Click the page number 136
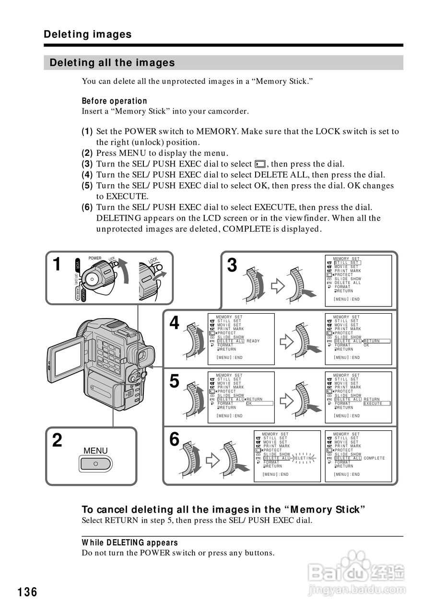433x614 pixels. pos(28,592)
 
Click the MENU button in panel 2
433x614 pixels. pos(95,463)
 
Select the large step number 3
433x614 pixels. pos(232,265)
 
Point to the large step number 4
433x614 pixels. pos(175,323)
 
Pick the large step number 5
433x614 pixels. pos(175,382)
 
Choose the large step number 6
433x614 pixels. pos(175,439)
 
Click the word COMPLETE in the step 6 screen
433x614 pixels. pos(374,458)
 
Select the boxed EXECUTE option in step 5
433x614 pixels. pos(376,403)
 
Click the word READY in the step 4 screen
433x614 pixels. pos(253,341)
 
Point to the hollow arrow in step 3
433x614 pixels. pos(278,286)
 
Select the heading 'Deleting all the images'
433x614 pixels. pos(112,63)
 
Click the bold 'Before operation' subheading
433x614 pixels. pos(114,101)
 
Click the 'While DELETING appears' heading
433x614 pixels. pos(129,543)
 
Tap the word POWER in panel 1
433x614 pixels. pos(95,258)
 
